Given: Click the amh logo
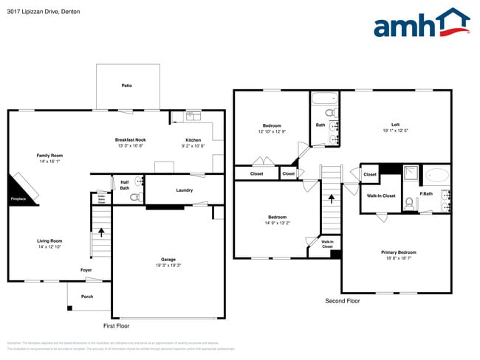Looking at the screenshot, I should (422, 24).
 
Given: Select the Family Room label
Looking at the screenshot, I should (50, 156).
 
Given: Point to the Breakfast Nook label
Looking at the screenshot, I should (130, 140).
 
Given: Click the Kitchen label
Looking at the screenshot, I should (193, 140).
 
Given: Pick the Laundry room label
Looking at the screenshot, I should (184, 190).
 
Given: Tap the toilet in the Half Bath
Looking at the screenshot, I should (135, 197).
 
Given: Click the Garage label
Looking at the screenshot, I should (168, 260).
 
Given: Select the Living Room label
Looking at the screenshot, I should (50, 241).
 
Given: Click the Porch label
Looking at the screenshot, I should (87, 297).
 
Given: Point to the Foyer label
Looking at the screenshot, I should (86, 271).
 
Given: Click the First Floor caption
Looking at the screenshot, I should (116, 325).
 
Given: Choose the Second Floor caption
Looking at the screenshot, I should (343, 301).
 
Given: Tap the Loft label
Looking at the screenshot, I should (396, 125).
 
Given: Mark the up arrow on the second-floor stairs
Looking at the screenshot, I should (332, 198).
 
